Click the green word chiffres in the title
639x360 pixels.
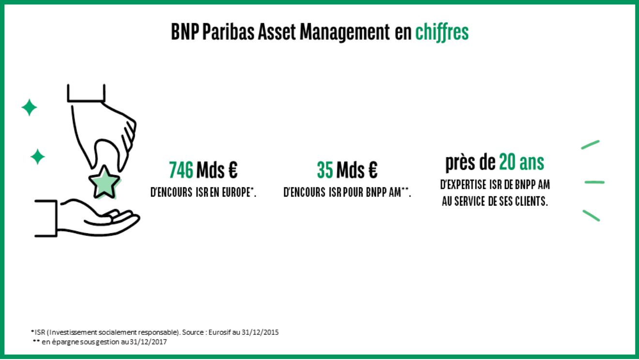click(x=441, y=32)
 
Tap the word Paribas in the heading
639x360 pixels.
click(x=228, y=31)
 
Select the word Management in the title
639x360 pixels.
click(x=344, y=32)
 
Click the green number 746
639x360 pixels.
click(x=181, y=170)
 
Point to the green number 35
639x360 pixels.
click(x=325, y=170)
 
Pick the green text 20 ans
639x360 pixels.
click(x=521, y=162)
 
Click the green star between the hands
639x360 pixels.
click(x=104, y=182)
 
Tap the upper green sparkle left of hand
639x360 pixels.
click(x=29, y=107)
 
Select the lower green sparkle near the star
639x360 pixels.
click(x=38, y=157)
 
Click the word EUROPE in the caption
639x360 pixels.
click(x=236, y=193)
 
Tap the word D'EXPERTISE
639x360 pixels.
click(x=463, y=185)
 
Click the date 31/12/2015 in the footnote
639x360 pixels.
click(x=260, y=332)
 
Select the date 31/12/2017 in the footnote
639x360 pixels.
click(x=148, y=342)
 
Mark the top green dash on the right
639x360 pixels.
click(x=590, y=145)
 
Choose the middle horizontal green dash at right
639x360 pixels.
click(x=594, y=182)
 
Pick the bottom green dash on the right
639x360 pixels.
click(x=591, y=215)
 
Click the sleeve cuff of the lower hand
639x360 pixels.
click(x=46, y=219)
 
